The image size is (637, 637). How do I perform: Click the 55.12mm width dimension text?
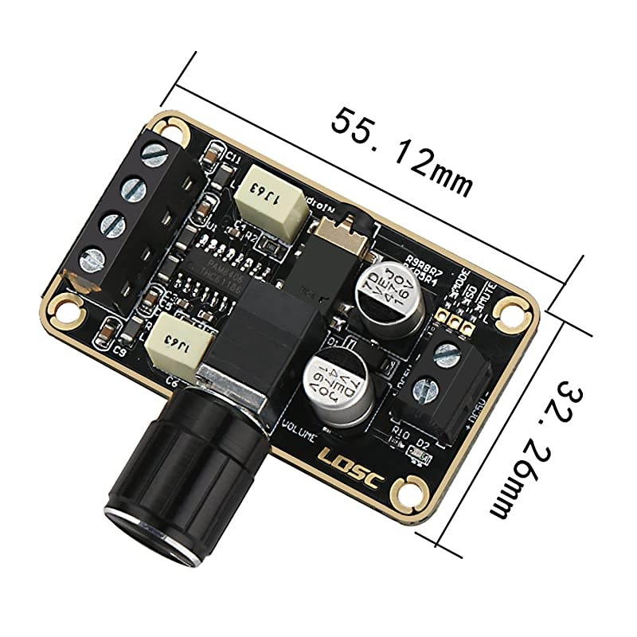pos(402,151)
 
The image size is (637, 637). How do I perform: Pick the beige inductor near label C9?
pos(182,345)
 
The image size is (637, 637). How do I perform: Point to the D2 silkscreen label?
pos(423,444)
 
